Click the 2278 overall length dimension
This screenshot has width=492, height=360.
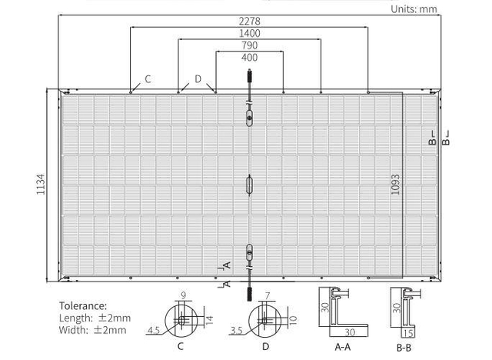(x=249, y=21)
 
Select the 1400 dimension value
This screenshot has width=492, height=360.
(x=249, y=33)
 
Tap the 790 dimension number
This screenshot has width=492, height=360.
(x=249, y=45)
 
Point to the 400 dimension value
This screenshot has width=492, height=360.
(x=249, y=58)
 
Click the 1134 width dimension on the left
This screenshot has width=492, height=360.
(x=41, y=185)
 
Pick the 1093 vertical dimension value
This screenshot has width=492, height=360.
(x=396, y=185)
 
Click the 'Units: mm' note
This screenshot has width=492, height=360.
(x=414, y=9)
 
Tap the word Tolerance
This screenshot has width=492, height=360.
(x=83, y=305)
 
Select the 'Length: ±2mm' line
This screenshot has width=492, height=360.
(x=95, y=318)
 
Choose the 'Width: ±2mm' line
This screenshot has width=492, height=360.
(x=92, y=330)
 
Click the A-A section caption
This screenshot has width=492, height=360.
(x=343, y=347)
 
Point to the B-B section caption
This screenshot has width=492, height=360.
(x=404, y=348)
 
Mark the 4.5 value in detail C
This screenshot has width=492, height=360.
(x=154, y=330)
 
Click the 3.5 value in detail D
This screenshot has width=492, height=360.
(x=236, y=331)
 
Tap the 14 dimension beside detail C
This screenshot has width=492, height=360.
(x=209, y=320)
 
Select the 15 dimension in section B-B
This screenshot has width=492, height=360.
(x=409, y=333)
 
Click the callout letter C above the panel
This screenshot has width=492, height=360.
(x=148, y=79)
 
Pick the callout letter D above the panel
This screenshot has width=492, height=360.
(x=198, y=78)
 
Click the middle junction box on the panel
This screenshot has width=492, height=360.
(x=249, y=185)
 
